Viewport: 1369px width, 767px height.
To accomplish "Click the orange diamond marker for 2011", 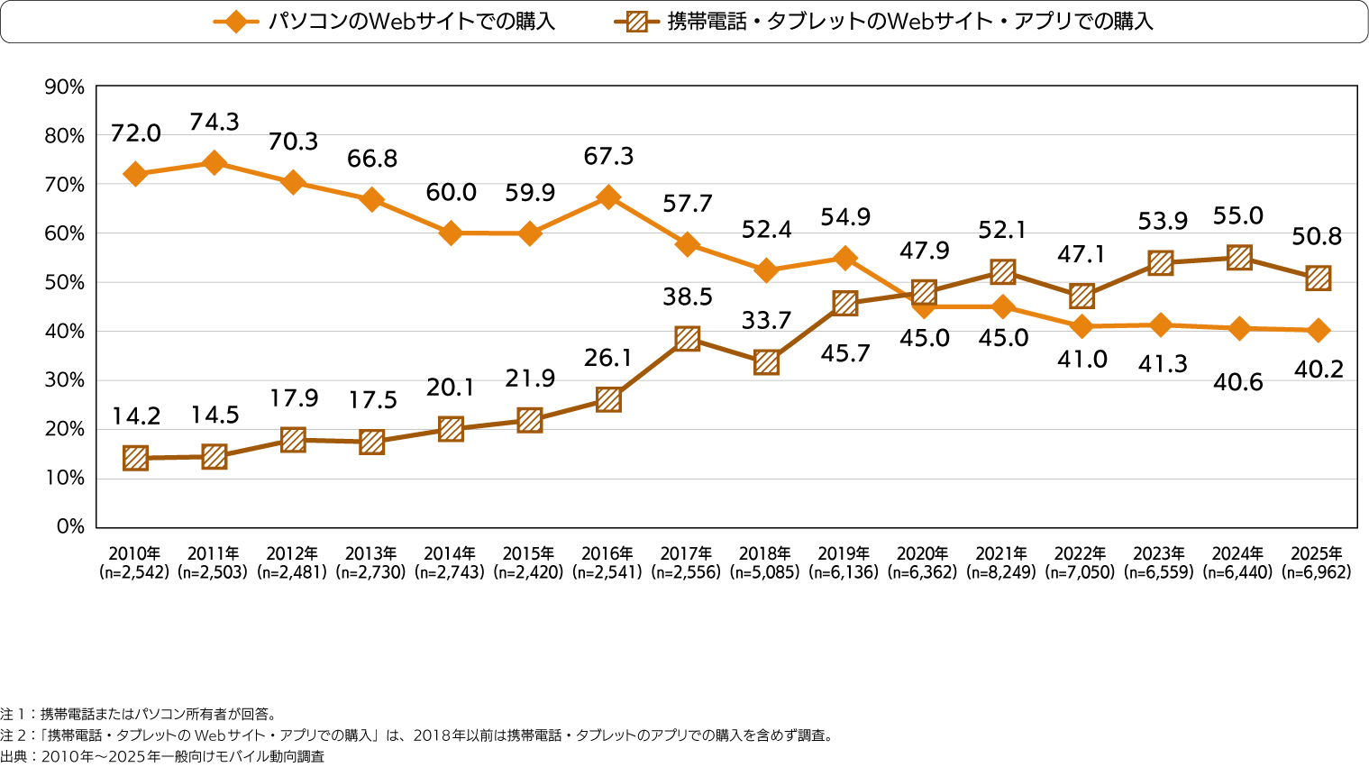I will pos(214,163).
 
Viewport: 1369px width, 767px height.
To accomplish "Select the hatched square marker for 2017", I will pos(688,339).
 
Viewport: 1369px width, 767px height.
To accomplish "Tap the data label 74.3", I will pos(214,123).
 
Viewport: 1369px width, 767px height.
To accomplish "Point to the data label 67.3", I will pos(608,157).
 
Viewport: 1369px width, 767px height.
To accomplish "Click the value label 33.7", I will pos(766,320).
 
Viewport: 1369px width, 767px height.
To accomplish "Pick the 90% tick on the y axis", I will pos(64,87).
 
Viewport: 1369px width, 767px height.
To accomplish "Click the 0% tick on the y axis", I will pos(69,526).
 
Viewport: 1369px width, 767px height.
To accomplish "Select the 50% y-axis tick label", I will pos(64,282).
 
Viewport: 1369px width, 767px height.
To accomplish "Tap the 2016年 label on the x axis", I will pos(608,553).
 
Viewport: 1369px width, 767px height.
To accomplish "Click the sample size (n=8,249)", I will pos(1001,572).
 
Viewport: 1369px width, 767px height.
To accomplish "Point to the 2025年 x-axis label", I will pos(1317,553).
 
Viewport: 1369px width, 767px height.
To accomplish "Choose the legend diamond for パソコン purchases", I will pos(236,22).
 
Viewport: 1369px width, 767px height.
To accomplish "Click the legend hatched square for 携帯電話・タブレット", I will pos(636,22).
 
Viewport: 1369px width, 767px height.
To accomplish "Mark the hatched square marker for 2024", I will pos(1239,259).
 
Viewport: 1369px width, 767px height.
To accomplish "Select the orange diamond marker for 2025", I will pos(1319,331).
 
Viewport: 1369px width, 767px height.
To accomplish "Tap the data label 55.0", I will pos(1238,216).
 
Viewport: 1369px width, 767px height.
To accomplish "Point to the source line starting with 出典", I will pos(162,756).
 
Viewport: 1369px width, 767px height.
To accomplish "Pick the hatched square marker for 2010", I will pos(135,458).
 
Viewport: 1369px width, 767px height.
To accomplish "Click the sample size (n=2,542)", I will pos(134,572).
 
